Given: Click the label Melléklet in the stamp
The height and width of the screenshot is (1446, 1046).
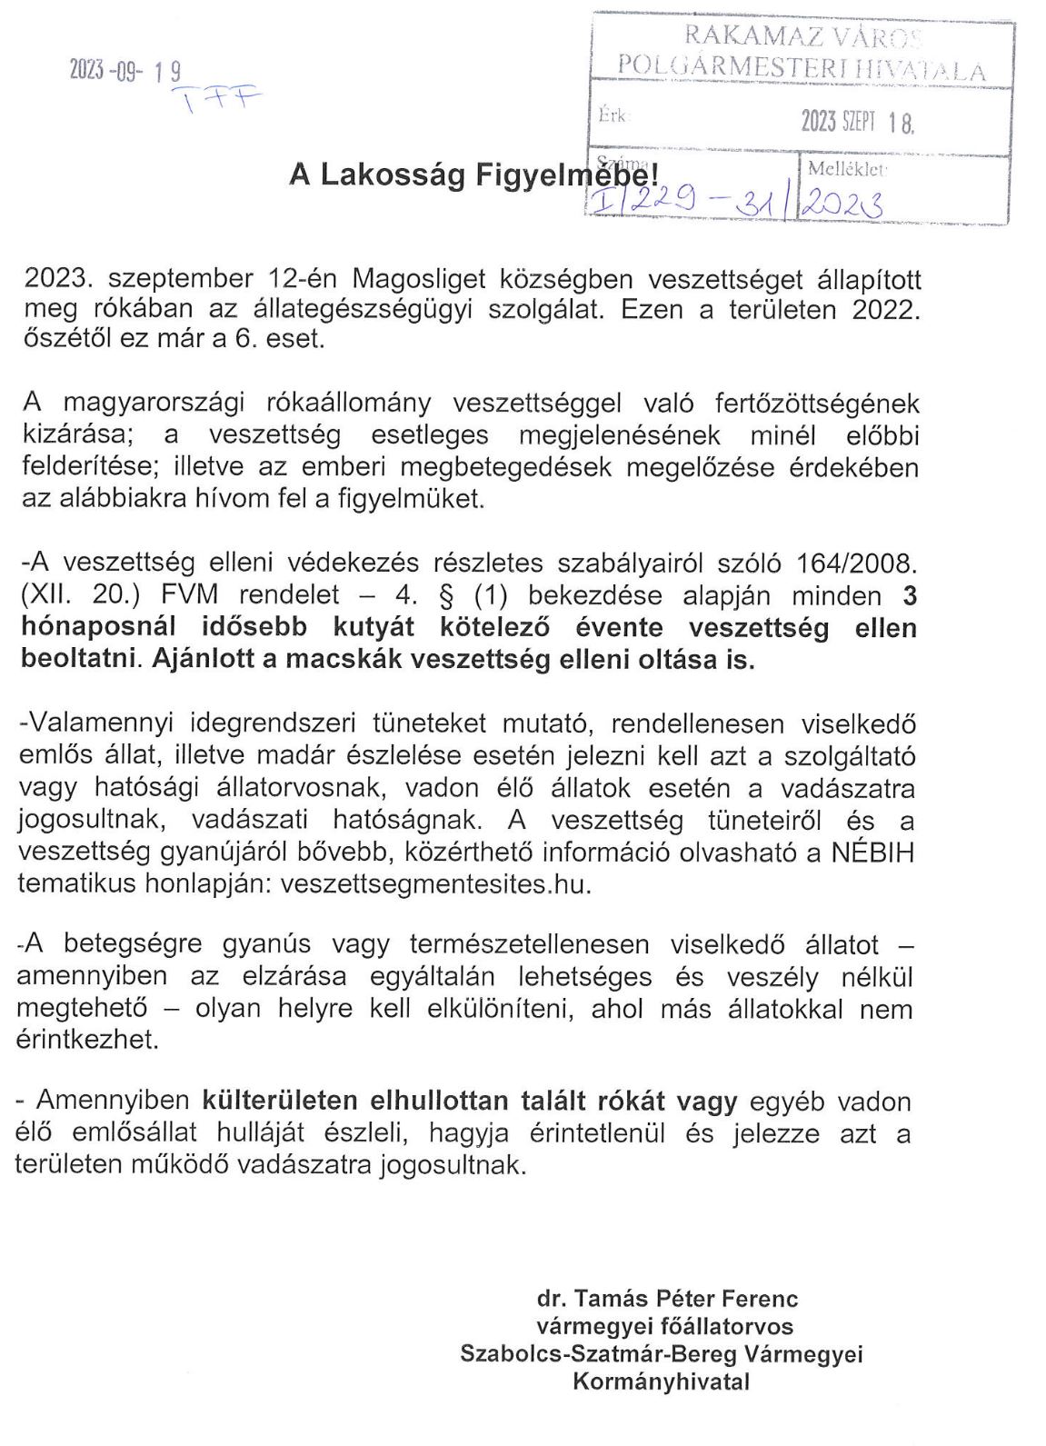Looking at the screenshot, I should point(846,169).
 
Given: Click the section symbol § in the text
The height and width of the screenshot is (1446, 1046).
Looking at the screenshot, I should point(446,596).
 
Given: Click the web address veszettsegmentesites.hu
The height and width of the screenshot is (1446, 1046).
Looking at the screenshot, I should point(436,884).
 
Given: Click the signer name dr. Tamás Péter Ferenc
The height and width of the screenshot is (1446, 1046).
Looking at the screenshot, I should point(667,1299).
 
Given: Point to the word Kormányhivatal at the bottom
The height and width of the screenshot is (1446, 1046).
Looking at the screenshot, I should point(661,1382).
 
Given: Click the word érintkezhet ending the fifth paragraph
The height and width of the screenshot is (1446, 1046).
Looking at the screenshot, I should point(87,1041).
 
